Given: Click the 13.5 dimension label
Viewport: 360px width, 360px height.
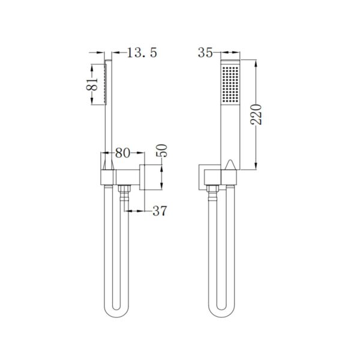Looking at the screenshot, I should [x=142, y=53].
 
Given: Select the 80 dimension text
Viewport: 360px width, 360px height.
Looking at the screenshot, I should [x=122, y=154].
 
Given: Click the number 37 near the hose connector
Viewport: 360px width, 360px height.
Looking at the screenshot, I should [x=158, y=211].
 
